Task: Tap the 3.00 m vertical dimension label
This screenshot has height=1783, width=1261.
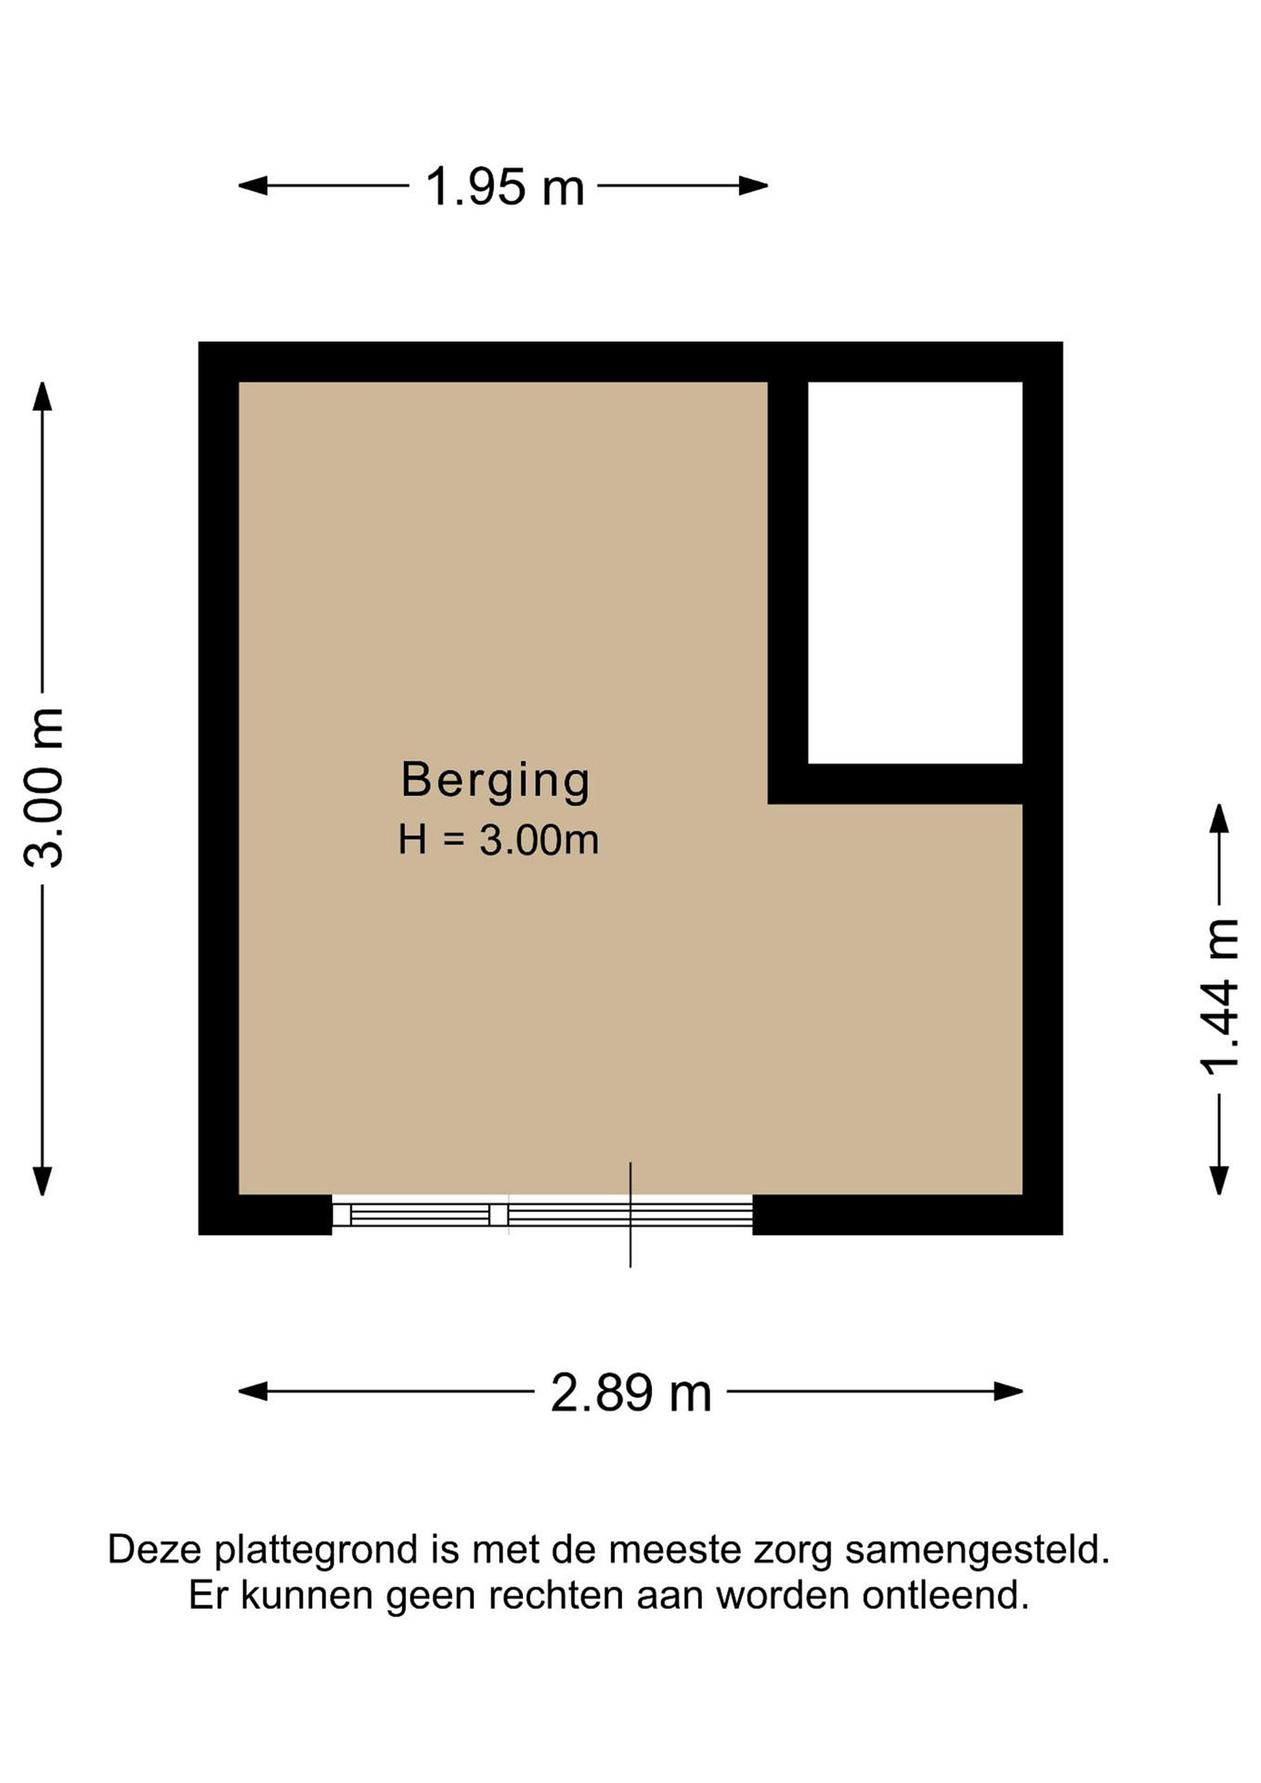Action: coord(43,787)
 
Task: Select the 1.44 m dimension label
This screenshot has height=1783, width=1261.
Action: coord(1219,998)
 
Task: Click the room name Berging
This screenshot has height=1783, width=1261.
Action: coord(495,781)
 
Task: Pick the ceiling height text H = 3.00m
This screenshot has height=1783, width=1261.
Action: coord(498,840)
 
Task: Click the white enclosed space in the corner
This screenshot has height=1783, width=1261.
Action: coord(915,573)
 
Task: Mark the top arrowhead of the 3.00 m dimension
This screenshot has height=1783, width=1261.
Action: coord(43,396)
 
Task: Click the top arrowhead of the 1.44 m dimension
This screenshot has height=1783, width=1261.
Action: coord(1219,818)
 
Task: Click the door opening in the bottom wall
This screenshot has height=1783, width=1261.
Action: coord(542,1215)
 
